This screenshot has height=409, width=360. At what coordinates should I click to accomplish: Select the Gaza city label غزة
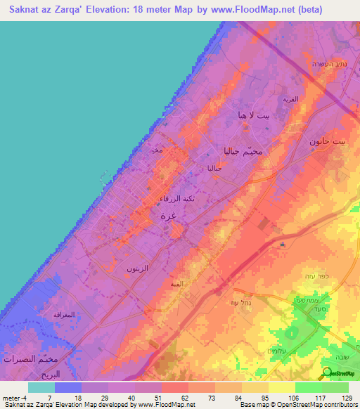tap(168, 216)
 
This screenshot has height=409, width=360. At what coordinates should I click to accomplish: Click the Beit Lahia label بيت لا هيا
tap(254, 115)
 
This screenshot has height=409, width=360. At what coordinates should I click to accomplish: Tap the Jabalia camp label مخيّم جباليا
tap(243, 151)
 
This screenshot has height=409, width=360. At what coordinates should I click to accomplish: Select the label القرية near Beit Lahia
tap(290, 100)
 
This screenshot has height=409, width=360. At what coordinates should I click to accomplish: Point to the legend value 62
tap(174, 397)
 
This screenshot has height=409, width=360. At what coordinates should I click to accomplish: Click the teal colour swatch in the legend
tap(41, 387)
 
